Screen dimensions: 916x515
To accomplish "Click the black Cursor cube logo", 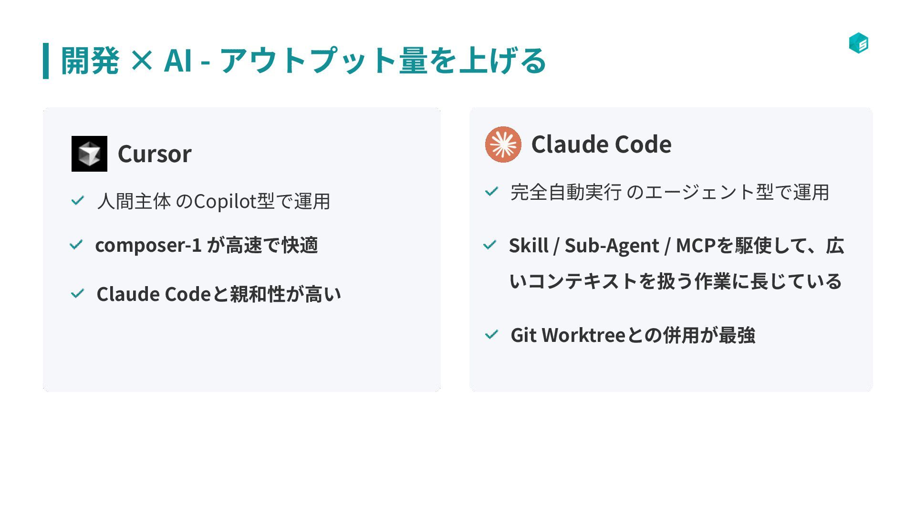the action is (89, 154).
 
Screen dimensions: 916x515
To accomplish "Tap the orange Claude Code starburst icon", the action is (503, 144).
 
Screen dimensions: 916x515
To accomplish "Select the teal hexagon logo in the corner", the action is (858, 43).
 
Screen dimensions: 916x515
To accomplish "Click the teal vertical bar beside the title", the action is (46, 61).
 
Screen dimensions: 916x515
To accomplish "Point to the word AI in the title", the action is (178, 61).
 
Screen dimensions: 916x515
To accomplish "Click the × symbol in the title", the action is (141, 61).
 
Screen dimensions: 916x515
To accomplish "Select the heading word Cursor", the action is (155, 154).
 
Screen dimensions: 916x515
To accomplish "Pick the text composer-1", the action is (148, 245).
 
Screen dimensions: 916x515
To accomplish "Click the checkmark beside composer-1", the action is (76, 245).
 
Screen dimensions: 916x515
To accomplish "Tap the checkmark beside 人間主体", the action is (77, 200).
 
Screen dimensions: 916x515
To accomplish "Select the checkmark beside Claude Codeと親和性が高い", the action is (77, 293).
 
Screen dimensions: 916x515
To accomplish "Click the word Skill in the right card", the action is (529, 246).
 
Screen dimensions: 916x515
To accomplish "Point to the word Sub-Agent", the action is (612, 246).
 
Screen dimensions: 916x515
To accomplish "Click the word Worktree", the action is (583, 335).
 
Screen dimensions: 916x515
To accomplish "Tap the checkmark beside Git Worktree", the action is (491, 335).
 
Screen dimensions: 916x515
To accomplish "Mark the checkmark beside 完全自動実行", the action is (491, 192).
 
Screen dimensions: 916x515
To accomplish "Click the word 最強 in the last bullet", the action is (737, 335).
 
